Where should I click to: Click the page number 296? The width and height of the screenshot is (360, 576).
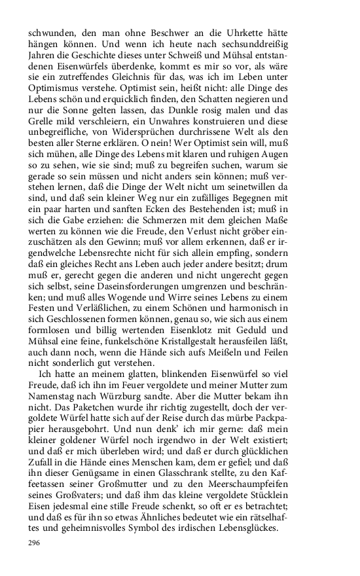tap(35, 543)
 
